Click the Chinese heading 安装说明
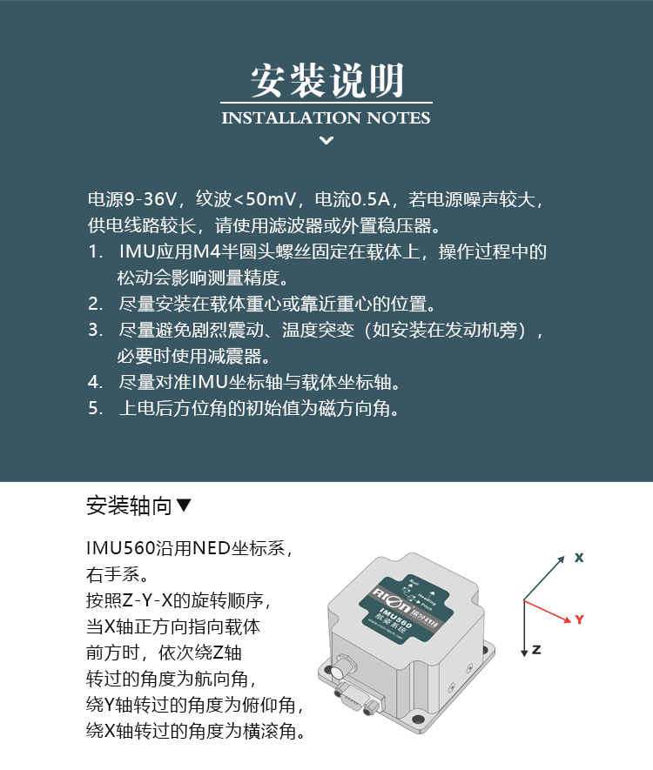tap(326, 81)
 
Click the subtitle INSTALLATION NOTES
tap(326, 117)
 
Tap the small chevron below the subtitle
tap(326, 140)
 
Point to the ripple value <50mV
tap(266, 199)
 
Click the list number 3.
tap(95, 330)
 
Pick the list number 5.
tap(95, 408)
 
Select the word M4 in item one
tap(207, 252)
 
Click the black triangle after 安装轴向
tap(183, 506)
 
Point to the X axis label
tap(578, 558)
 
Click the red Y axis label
tap(579, 619)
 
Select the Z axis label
tap(536, 650)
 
